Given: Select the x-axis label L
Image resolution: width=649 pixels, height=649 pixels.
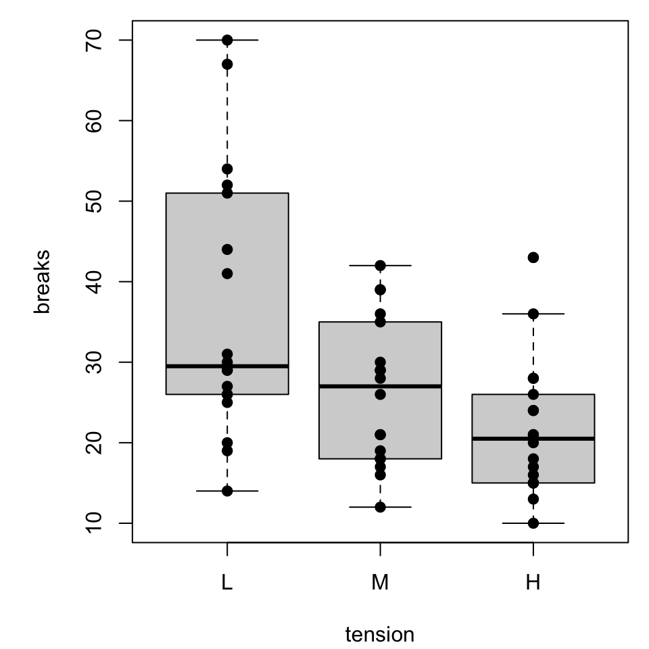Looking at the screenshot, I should coord(227,582).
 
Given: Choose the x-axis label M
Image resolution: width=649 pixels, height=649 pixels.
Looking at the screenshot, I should coord(380,582).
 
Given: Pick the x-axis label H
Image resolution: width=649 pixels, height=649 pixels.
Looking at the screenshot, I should coord(533,582).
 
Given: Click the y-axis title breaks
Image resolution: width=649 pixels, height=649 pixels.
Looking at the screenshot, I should coord(43,282).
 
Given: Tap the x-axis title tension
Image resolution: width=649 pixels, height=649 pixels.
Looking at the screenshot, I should coord(380,635).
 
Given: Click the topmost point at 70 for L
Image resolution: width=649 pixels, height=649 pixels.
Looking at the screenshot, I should coord(227,40).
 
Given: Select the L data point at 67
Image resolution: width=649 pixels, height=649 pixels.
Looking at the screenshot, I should coord(227,64).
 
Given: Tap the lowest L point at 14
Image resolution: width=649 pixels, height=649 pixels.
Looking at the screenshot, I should coord(227,491).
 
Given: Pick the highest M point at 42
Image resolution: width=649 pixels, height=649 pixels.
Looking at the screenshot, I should coord(380,265).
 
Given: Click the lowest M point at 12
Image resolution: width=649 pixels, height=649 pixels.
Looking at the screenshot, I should coord(380,507).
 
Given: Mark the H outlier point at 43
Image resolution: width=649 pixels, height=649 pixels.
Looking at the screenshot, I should coord(533,258).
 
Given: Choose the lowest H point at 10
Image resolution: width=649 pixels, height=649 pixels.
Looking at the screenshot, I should coord(533,523).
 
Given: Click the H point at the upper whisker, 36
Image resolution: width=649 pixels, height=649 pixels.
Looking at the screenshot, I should coord(533,314).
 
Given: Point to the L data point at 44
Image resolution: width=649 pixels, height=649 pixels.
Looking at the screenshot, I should coord(227,249).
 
